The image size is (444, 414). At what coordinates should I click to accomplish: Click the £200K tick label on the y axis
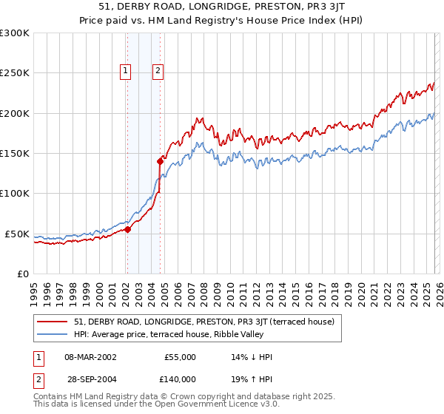click(14, 113)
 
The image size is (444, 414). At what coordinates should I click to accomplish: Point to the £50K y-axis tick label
click(16, 234)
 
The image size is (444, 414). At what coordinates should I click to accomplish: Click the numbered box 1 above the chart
click(127, 71)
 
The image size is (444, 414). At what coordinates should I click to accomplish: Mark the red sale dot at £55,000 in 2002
click(127, 229)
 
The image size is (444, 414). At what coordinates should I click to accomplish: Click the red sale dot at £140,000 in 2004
click(161, 160)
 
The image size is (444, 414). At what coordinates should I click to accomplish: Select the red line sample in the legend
click(53, 322)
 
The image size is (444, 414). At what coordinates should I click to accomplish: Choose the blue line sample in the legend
click(53, 334)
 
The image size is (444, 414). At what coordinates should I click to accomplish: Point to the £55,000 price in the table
click(179, 357)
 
